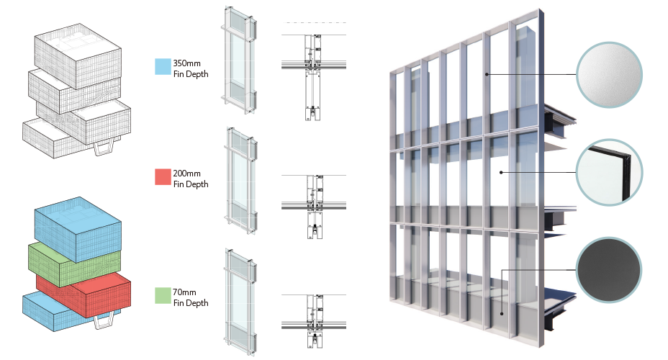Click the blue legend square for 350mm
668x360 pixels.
tap(163, 67)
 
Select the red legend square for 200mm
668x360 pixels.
tap(163, 177)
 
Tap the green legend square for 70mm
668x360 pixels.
tap(163, 296)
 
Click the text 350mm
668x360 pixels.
tap(186, 63)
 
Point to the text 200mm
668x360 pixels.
tap(186, 174)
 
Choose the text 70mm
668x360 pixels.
tap(184, 292)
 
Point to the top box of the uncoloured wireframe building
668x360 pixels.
tap(78, 55)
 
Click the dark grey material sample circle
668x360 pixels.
tap(608, 270)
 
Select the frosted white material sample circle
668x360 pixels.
tap(609, 75)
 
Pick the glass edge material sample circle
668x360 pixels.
tap(609, 173)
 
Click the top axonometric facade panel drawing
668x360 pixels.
tap(239, 60)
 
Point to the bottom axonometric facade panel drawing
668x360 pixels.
tap(240, 302)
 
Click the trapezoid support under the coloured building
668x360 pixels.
tap(104, 321)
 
